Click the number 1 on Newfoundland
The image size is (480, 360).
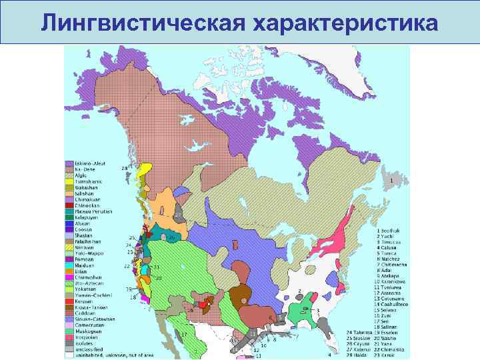(390, 180)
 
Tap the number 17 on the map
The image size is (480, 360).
(184, 334)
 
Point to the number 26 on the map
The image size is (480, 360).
(171, 238)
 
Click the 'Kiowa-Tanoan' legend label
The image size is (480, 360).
(90, 307)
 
